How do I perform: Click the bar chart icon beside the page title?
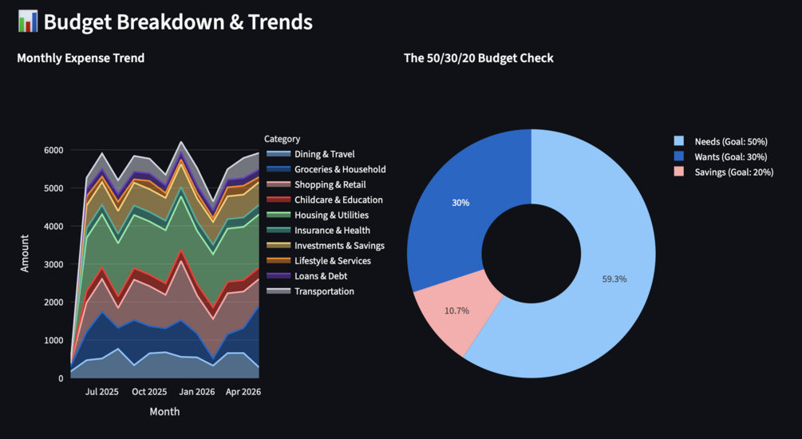pyautogui.click(x=28, y=22)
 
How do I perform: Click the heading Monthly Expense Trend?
pyautogui.click(x=81, y=58)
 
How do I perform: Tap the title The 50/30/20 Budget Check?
pyautogui.click(x=478, y=58)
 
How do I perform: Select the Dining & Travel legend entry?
pyautogui.click(x=310, y=154)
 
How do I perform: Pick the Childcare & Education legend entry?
pyautogui.click(x=325, y=200)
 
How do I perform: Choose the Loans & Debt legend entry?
pyautogui.click(x=307, y=276)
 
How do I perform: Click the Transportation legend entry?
pyautogui.click(x=310, y=291)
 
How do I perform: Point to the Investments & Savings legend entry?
pyautogui.click(x=326, y=246)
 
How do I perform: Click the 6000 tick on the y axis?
pyautogui.click(x=53, y=150)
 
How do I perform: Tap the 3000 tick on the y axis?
pyautogui.click(x=53, y=264)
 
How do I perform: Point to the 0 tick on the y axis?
pyautogui.click(x=61, y=378)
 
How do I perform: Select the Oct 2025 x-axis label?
pyautogui.click(x=149, y=392)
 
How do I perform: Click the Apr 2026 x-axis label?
pyautogui.click(x=243, y=392)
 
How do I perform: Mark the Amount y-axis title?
pyautogui.click(x=25, y=253)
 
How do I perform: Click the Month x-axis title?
pyautogui.click(x=164, y=412)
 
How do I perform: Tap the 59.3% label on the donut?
pyautogui.click(x=614, y=279)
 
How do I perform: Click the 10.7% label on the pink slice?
pyautogui.click(x=456, y=310)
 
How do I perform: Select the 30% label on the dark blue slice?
pyautogui.click(x=460, y=203)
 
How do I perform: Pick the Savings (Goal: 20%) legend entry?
pyautogui.click(x=724, y=172)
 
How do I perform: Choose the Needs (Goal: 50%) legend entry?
pyautogui.click(x=721, y=142)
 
